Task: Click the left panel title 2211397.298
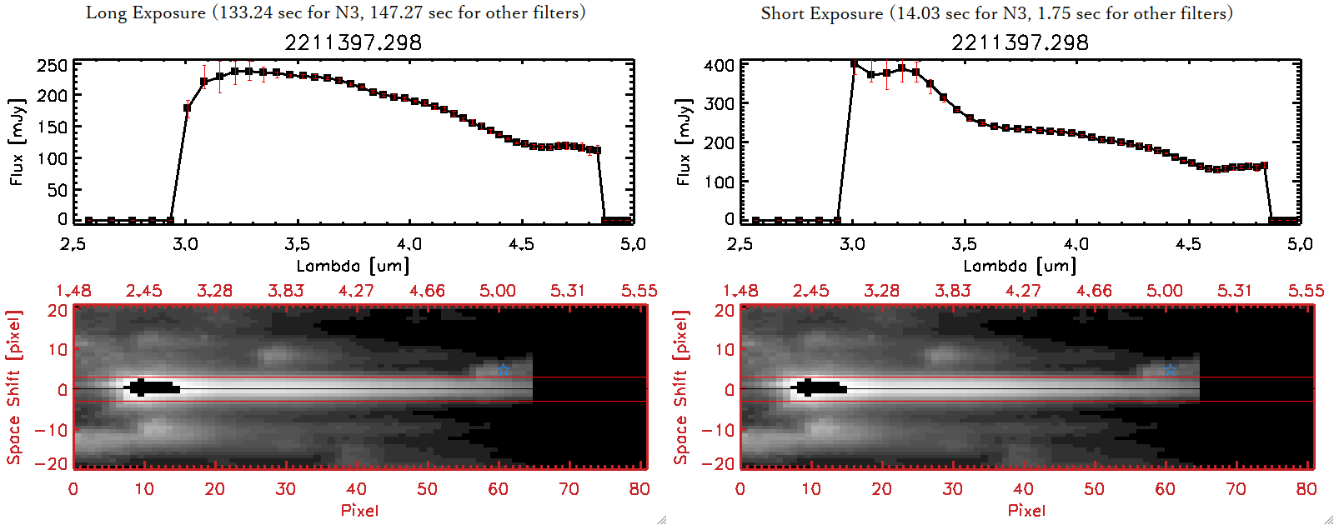(x=353, y=42)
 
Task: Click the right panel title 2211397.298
(x=1020, y=42)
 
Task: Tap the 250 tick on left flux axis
(x=52, y=65)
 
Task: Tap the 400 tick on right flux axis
(x=719, y=65)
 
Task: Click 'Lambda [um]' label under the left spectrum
(x=353, y=266)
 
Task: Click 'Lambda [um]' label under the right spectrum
(x=1020, y=266)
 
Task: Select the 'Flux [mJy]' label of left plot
(x=18, y=142)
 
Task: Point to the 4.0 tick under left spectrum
(x=409, y=244)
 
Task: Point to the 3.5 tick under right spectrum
(x=964, y=244)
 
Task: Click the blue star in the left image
(x=503, y=369)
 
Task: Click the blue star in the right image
(x=1170, y=369)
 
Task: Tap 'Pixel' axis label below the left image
(x=359, y=510)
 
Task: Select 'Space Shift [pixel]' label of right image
(x=681, y=387)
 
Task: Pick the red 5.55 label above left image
(x=639, y=291)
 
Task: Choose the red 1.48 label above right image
(x=740, y=291)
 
